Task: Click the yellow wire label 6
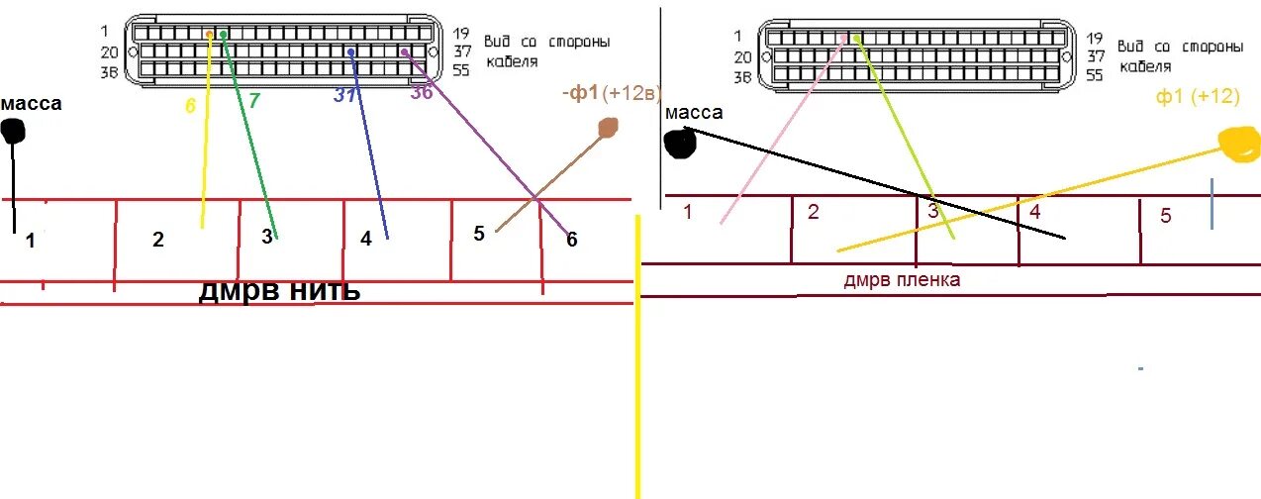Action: tap(191, 104)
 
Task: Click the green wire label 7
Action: tap(253, 100)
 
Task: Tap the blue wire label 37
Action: tap(344, 95)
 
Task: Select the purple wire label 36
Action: tap(422, 93)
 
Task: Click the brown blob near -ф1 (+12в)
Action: tap(607, 127)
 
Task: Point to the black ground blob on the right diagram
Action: tap(680, 144)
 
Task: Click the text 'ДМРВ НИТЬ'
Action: tap(280, 291)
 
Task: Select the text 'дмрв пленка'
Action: tap(902, 280)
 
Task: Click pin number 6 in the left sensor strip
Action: tap(571, 240)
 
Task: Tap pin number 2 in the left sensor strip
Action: tap(158, 240)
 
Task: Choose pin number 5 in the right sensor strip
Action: tap(1165, 215)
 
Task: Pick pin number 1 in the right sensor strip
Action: tap(688, 210)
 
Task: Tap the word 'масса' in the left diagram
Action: tap(32, 103)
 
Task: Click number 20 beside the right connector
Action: tap(743, 56)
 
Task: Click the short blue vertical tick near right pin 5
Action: tap(1212, 204)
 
